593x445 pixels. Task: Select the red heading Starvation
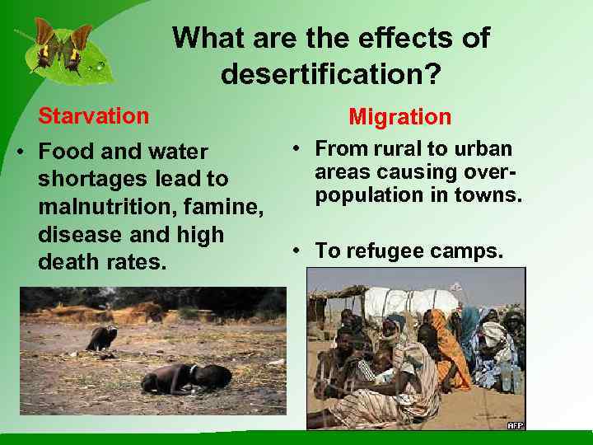tap(93, 115)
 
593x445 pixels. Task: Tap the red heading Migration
tap(399, 117)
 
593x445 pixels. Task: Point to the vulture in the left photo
tap(101, 337)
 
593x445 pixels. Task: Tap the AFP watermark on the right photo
tap(515, 424)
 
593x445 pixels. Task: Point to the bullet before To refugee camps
tap(294, 251)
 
